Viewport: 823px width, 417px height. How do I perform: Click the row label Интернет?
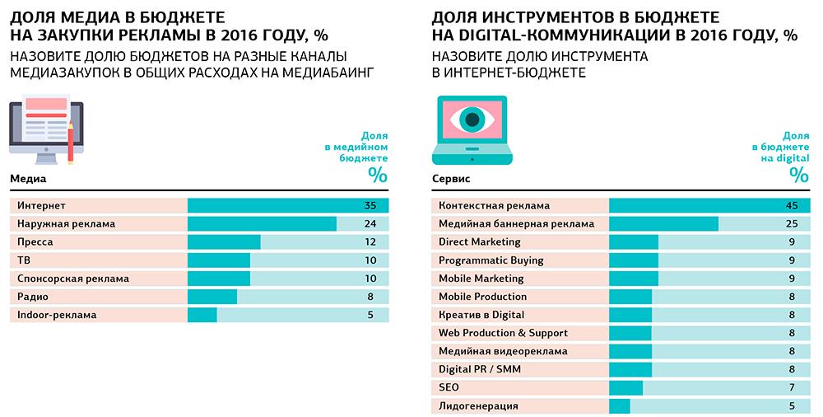tap(41, 205)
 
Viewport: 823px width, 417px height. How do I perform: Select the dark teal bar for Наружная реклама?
tap(262, 223)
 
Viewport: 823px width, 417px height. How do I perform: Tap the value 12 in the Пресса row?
tap(370, 242)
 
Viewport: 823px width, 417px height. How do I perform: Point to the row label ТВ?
tap(23, 260)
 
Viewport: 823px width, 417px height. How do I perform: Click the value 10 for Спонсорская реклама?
tap(370, 279)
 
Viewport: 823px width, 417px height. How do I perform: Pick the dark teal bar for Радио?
tap(212, 297)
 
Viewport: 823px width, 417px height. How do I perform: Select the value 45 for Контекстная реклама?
tap(791, 205)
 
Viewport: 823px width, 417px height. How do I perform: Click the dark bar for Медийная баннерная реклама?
tap(663, 223)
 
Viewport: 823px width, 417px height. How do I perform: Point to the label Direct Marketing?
tap(480, 242)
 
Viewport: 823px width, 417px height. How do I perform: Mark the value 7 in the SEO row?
tap(791, 387)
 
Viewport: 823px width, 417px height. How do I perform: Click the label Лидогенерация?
tap(478, 405)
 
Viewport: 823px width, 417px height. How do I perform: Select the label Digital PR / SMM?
tap(480, 369)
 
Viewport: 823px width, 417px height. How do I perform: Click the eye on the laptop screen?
tap(471, 120)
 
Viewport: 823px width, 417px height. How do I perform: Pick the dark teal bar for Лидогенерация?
tap(619, 405)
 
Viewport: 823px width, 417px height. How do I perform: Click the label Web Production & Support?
tap(503, 333)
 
